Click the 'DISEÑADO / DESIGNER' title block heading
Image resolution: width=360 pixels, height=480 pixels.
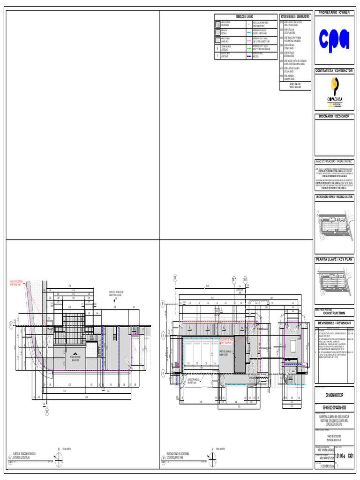point(334,116)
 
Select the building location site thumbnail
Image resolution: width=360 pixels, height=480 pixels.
point(334,228)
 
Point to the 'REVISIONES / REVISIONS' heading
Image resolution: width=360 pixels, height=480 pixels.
point(334,323)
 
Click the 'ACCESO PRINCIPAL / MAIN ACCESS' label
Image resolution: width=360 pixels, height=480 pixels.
point(75,358)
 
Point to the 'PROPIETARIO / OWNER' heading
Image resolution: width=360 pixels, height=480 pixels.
point(334,13)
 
